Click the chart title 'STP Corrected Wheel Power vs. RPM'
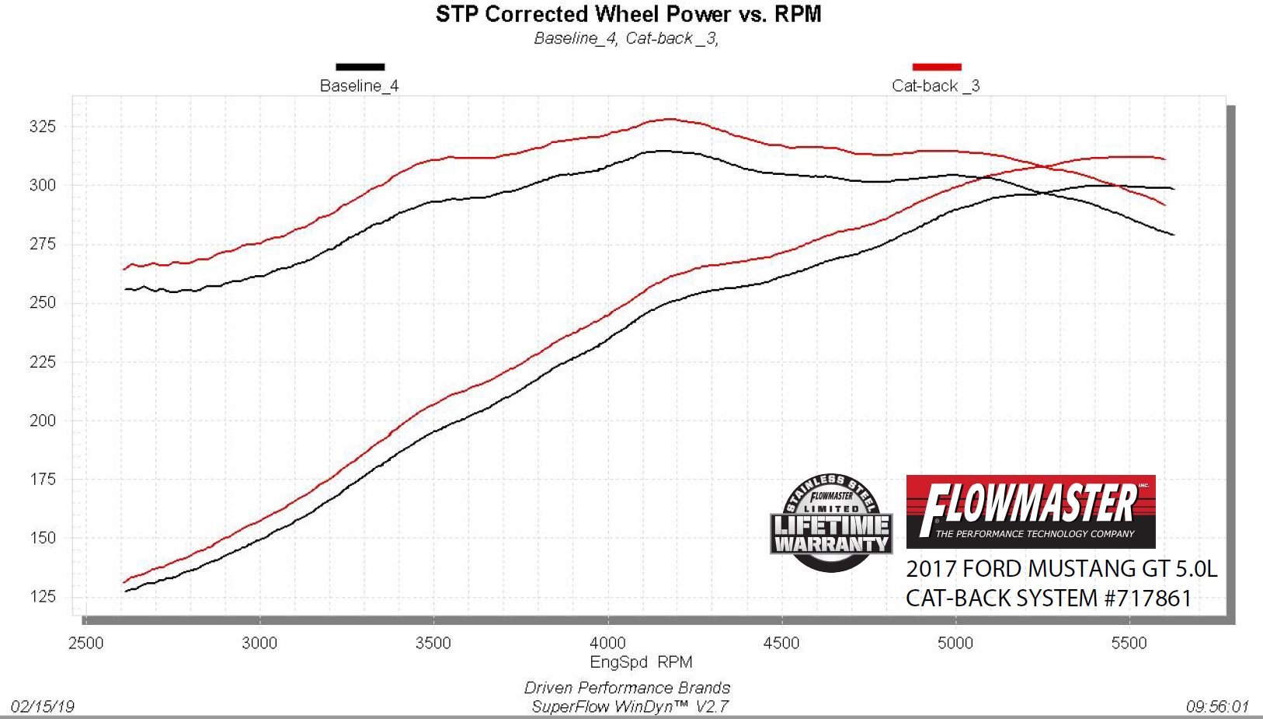click(x=628, y=14)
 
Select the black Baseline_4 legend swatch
click(x=360, y=67)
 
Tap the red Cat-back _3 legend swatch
click(x=937, y=67)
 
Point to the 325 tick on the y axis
click(x=43, y=127)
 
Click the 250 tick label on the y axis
click(x=43, y=303)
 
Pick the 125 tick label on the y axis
click(x=43, y=597)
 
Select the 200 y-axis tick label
click(x=43, y=421)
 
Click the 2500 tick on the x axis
click(x=85, y=643)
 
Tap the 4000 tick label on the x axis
click(x=607, y=643)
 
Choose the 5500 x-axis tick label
click(x=1129, y=643)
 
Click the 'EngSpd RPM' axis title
click(x=641, y=662)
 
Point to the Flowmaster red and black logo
click(x=1031, y=511)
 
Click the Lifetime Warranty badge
click(x=831, y=522)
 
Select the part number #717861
click(x=1145, y=599)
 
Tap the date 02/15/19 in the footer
click(x=43, y=706)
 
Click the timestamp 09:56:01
click(x=1217, y=706)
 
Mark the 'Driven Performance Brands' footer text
click(x=627, y=688)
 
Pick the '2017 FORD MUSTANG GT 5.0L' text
click(x=1061, y=569)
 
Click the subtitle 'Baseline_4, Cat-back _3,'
click(x=626, y=38)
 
